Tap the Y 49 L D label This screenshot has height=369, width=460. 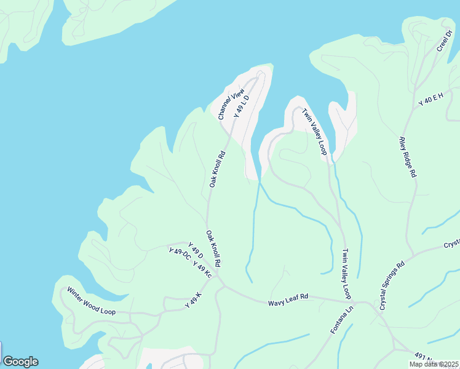(x=241, y=106)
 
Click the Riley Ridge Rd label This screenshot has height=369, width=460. (x=408, y=157)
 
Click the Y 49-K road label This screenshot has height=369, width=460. (x=193, y=301)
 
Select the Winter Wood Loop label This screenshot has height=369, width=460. (x=91, y=301)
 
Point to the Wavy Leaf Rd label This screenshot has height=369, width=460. (x=288, y=300)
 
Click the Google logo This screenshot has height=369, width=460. (x=20, y=362)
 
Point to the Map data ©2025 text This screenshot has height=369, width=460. (x=434, y=364)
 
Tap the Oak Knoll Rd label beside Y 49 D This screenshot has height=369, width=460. (x=213, y=248)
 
